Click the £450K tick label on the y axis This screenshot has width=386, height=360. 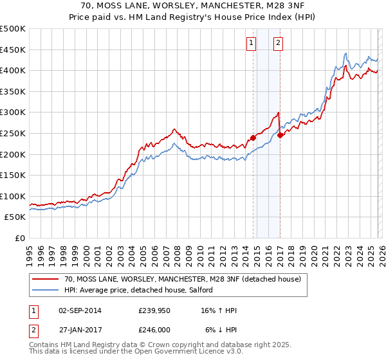point(13,50)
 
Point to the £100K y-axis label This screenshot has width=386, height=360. point(13,196)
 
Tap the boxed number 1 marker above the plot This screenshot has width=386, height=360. point(250,43)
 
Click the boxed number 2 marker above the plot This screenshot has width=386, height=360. point(279,43)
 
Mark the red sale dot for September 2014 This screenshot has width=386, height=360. point(253,138)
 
